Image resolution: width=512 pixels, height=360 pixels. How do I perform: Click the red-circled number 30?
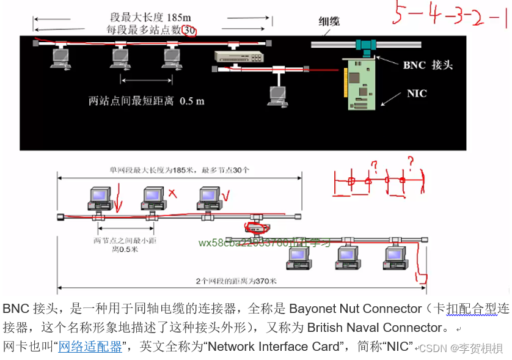(190, 29)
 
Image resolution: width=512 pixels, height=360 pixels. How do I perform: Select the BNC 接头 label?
(428, 65)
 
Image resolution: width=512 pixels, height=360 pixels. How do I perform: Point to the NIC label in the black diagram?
(417, 94)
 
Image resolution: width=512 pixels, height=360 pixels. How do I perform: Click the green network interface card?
(364, 84)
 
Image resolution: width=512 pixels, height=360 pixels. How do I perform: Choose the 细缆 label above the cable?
(329, 21)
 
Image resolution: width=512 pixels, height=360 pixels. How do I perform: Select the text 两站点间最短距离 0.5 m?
(146, 101)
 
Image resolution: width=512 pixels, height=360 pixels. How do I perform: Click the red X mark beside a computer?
(172, 194)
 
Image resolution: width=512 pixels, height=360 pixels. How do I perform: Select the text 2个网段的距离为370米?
(236, 281)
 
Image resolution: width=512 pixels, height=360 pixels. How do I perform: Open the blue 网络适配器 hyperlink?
(90, 347)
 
